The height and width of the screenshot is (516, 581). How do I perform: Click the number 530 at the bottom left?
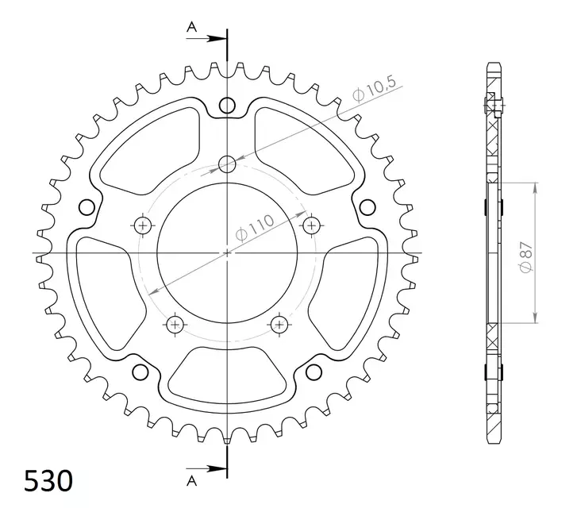48,482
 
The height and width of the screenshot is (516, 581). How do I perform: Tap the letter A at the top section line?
191,28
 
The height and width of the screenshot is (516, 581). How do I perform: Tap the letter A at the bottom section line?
191,480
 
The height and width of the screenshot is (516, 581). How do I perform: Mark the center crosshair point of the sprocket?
228,253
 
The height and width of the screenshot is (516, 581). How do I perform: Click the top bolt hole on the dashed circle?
228,165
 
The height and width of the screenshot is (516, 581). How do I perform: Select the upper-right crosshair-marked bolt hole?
310,225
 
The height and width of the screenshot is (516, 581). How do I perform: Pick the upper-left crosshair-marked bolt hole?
144,225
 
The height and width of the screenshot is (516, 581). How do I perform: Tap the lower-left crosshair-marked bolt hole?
175,324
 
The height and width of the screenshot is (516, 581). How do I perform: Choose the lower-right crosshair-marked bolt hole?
279,324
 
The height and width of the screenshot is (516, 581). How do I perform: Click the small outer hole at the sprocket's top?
228,106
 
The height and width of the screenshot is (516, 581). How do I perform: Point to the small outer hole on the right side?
367,207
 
